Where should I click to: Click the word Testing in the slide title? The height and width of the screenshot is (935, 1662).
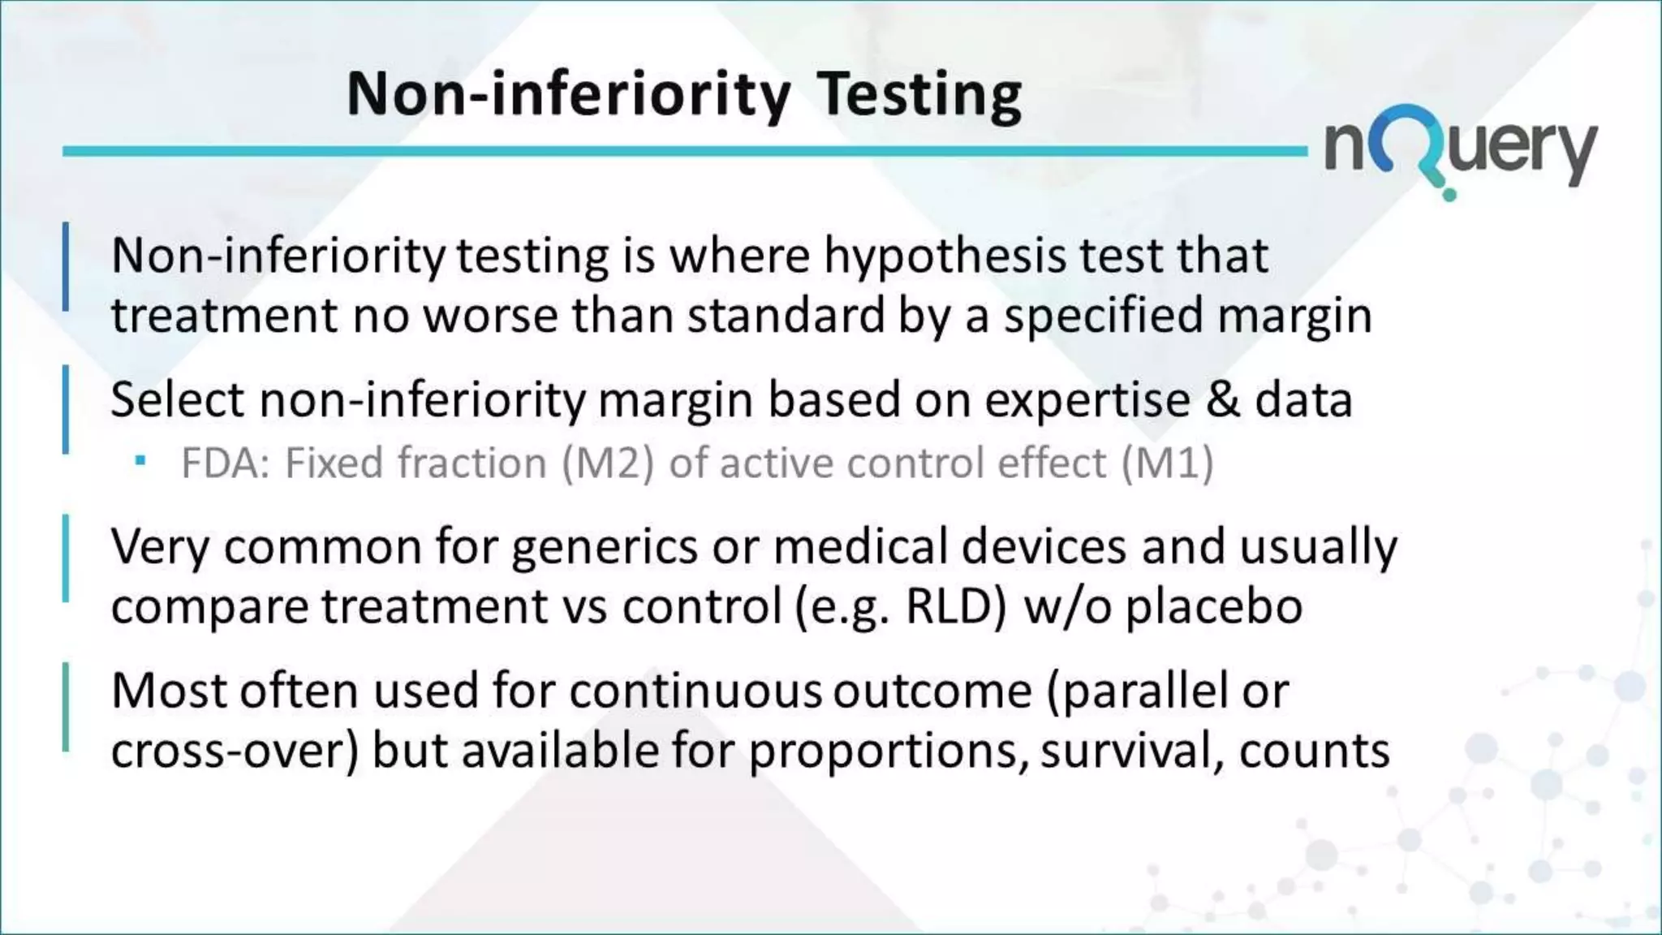click(919, 95)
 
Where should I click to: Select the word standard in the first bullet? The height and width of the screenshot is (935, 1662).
click(786, 315)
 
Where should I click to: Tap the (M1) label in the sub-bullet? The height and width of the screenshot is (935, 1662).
click(1168, 463)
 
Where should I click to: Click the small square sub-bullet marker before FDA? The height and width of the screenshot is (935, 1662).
click(140, 461)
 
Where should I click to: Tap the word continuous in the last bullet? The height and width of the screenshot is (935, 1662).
click(695, 692)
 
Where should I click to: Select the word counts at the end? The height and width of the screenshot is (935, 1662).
click(1314, 751)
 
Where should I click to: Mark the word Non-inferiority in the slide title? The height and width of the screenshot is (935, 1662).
click(568, 95)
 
